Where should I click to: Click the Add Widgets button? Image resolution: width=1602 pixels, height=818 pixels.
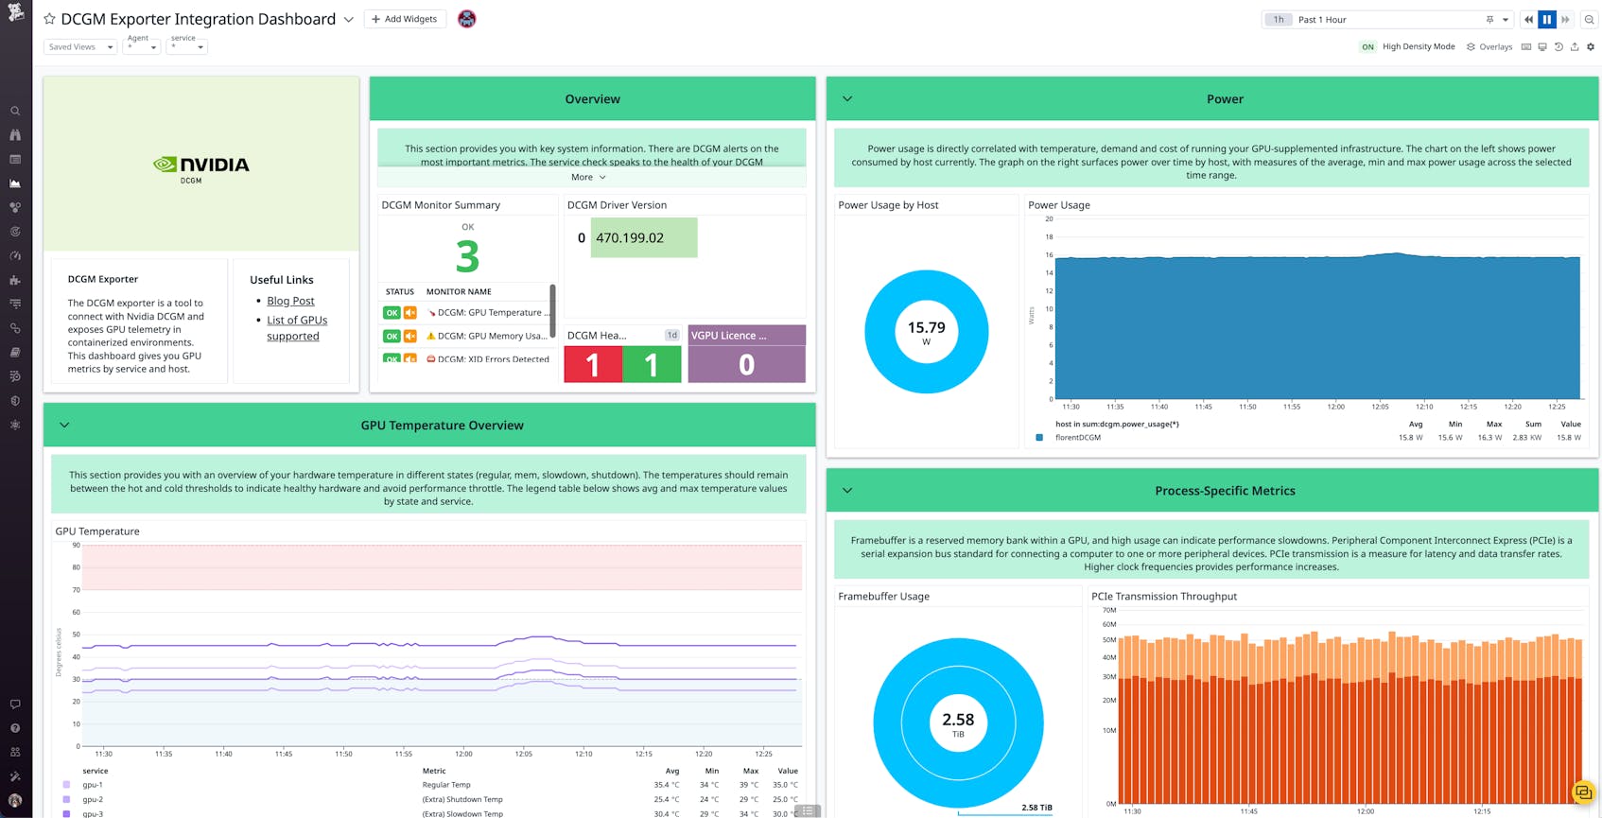click(405, 19)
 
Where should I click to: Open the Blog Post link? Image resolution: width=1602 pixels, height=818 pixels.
click(290, 301)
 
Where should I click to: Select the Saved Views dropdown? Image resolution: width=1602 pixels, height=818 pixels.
click(80, 46)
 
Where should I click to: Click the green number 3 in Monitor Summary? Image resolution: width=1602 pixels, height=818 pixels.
click(467, 256)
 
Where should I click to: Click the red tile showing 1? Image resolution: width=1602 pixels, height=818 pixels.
click(593, 364)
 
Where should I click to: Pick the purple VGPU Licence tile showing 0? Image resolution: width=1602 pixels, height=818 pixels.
click(746, 364)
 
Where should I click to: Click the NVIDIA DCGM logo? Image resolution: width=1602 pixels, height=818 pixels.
click(201, 167)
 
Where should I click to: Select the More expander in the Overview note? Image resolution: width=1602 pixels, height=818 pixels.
click(588, 177)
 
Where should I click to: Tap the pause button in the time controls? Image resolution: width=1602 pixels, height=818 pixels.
click(1547, 19)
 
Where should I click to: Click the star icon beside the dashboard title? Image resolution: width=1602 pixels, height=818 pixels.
click(49, 19)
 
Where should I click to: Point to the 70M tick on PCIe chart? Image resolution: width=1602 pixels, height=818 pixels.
click(1109, 610)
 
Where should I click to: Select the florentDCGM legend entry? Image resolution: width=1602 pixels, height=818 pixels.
click(1077, 438)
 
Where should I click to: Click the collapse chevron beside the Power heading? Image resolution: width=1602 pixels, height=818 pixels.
click(847, 98)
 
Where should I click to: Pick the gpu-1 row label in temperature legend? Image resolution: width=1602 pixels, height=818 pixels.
click(93, 785)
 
